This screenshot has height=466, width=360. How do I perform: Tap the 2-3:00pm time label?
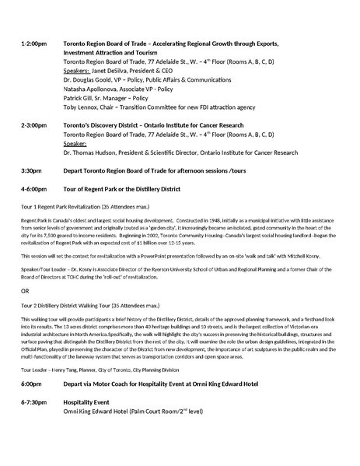(33, 124)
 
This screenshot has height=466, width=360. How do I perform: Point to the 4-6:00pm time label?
(33, 188)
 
